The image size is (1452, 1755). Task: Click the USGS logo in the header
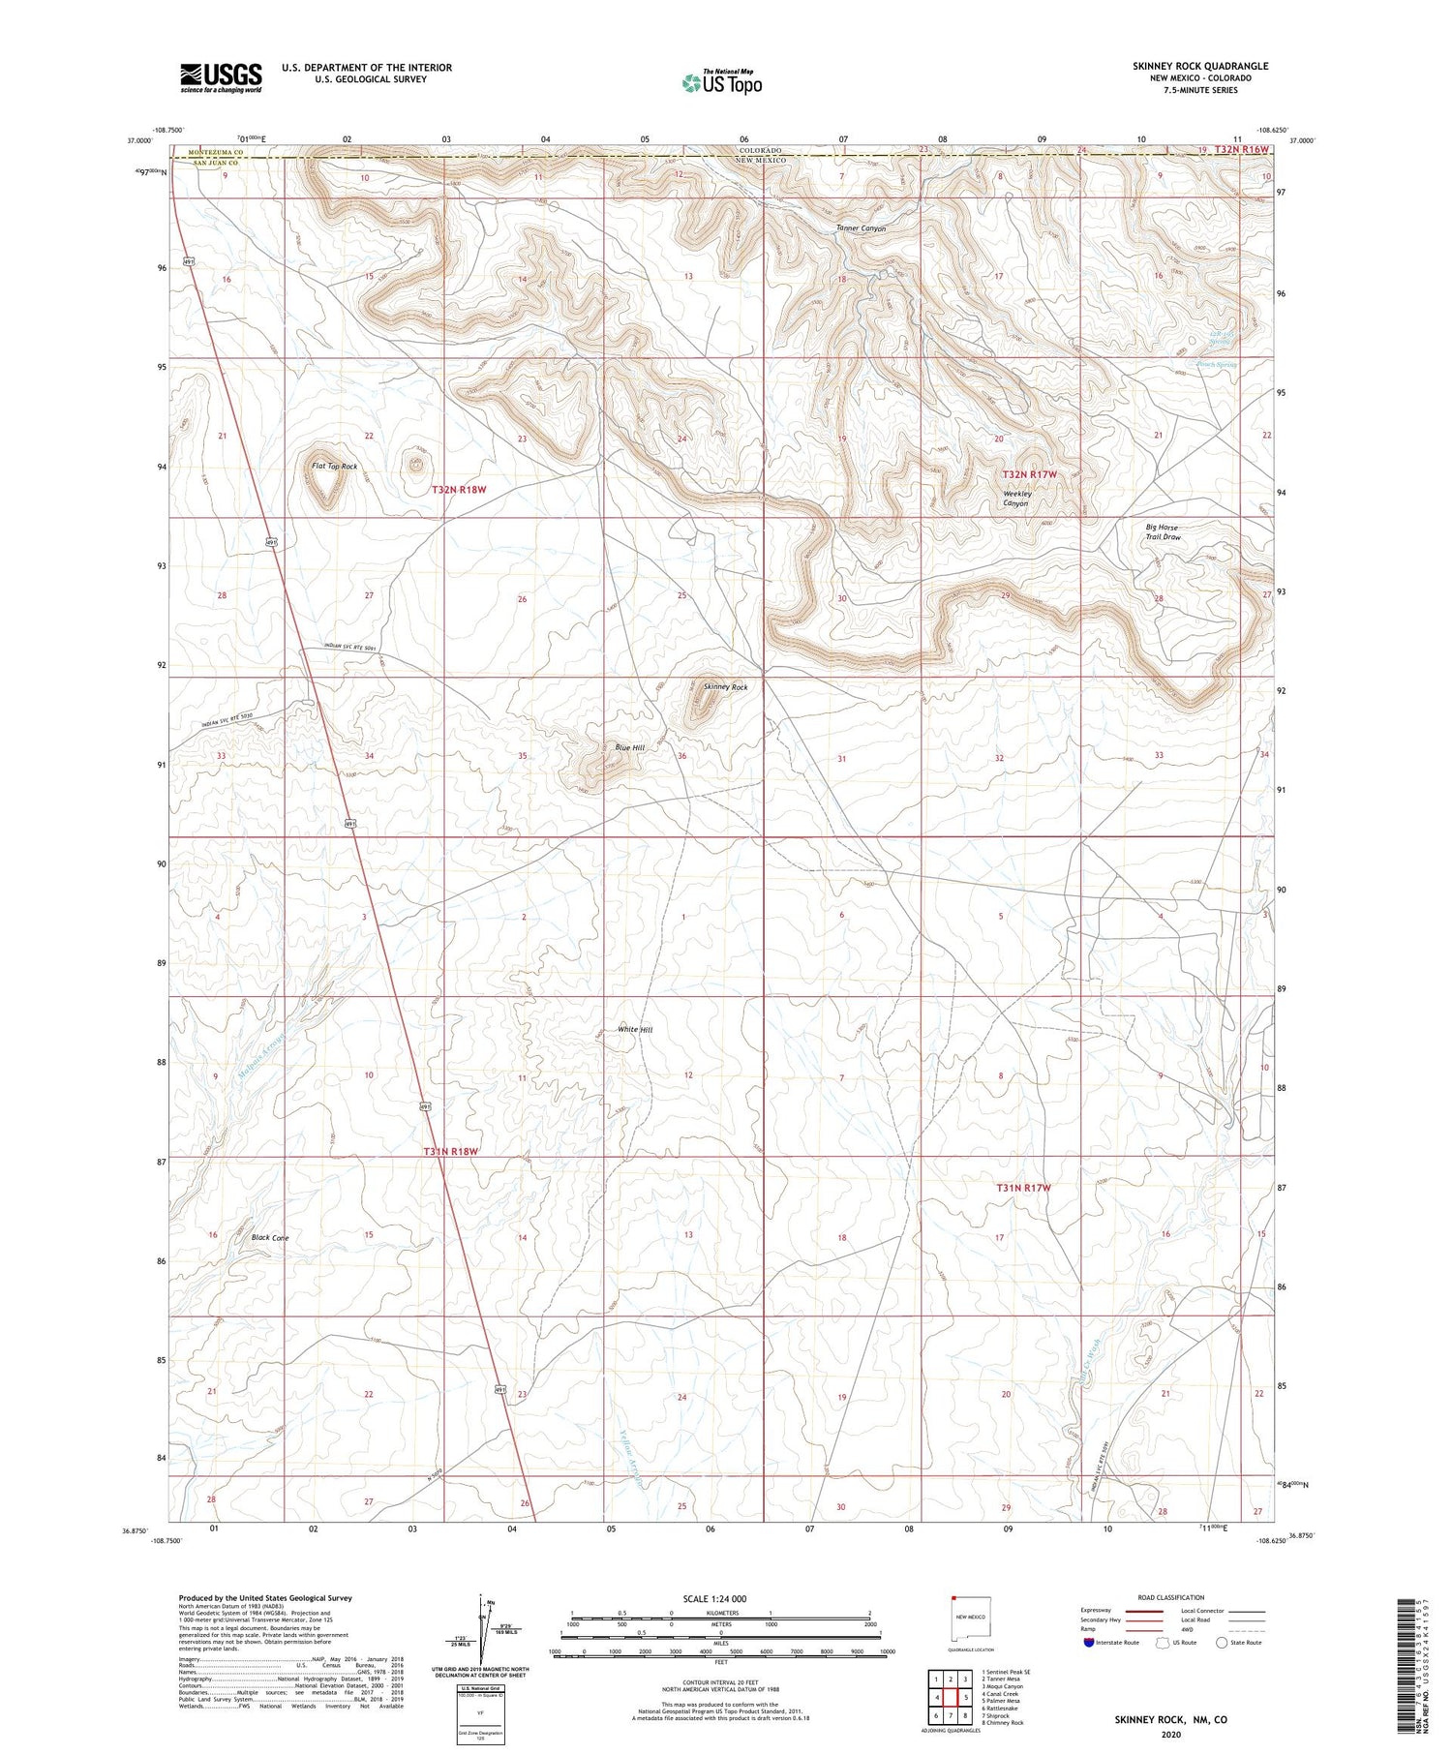click(221, 77)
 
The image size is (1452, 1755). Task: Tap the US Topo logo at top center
click(722, 83)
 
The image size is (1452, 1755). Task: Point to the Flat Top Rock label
click(334, 467)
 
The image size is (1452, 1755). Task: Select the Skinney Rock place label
click(725, 687)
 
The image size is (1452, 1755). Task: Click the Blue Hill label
click(629, 748)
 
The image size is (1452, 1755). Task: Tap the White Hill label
click(635, 1030)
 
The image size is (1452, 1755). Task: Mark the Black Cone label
click(270, 1238)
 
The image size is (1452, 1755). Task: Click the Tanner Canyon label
click(862, 228)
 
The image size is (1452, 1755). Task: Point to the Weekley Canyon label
click(1016, 499)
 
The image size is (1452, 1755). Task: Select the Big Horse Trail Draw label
click(1164, 532)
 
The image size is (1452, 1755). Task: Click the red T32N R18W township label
click(458, 491)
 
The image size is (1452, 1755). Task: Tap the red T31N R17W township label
click(1023, 1188)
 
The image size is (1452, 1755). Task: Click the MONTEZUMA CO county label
click(216, 153)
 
